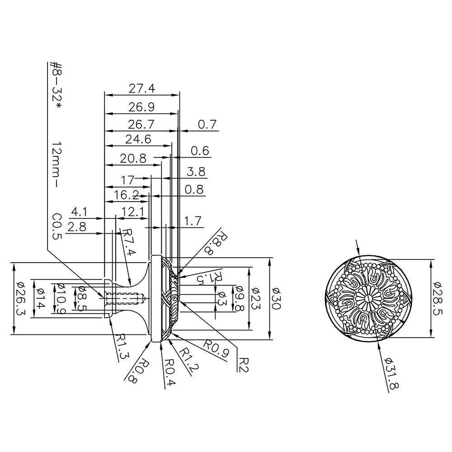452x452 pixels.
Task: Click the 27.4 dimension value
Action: click(x=142, y=88)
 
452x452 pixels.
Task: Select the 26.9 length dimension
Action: click(x=141, y=107)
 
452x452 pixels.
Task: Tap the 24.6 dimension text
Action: click(x=138, y=139)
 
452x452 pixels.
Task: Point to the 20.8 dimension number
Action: click(x=133, y=158)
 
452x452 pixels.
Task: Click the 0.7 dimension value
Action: click(x=207, y=124)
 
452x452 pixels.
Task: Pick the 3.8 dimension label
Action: click(x=196, y=172)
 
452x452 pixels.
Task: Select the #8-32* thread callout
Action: click(x=55, y=85)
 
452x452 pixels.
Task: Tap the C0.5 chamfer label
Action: click(x=57, y=226)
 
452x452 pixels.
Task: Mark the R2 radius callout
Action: click(x=244, y=365)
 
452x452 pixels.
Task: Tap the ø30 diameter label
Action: click(x=276, y=299)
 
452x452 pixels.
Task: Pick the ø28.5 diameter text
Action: click(x=438, y=299)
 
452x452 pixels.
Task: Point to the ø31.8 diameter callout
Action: click(x=391, y=374)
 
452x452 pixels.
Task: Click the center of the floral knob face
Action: click(x=368, y=299)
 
